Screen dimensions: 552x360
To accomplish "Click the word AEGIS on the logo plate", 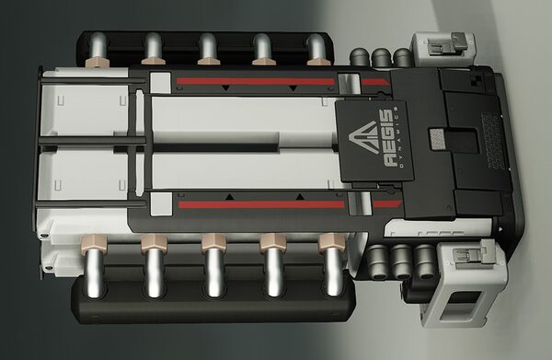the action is coord(386,138).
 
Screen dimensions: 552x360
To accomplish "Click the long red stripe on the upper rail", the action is coord(255,82).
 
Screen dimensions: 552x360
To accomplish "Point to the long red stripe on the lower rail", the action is coord(261,204).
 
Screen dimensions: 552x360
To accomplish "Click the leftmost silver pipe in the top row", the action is coord(98,47).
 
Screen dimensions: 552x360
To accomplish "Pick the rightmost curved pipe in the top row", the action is coord(316,48).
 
